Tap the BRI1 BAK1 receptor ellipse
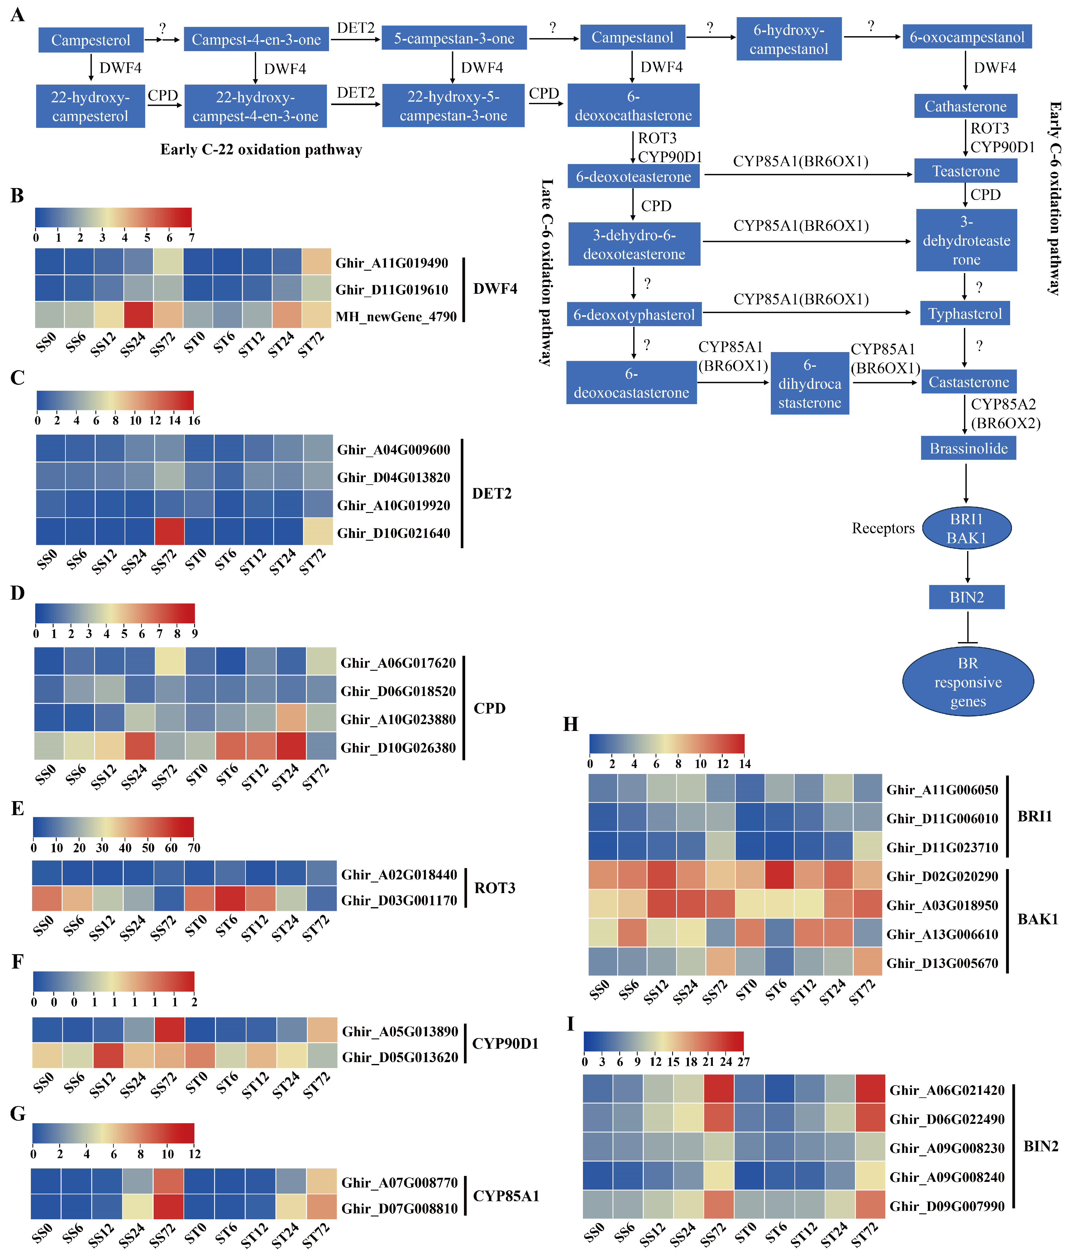coord(966,528)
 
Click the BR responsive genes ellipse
coord(968,682)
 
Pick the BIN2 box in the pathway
coord(966,597)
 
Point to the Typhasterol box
coord(965,313)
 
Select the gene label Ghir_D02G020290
coord(942,876)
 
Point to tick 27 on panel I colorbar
coord(744,1062)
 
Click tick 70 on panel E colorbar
coord(194,848)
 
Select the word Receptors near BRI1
coord(883,528)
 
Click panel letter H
coord(570,724)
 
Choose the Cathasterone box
coord(965,106)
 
